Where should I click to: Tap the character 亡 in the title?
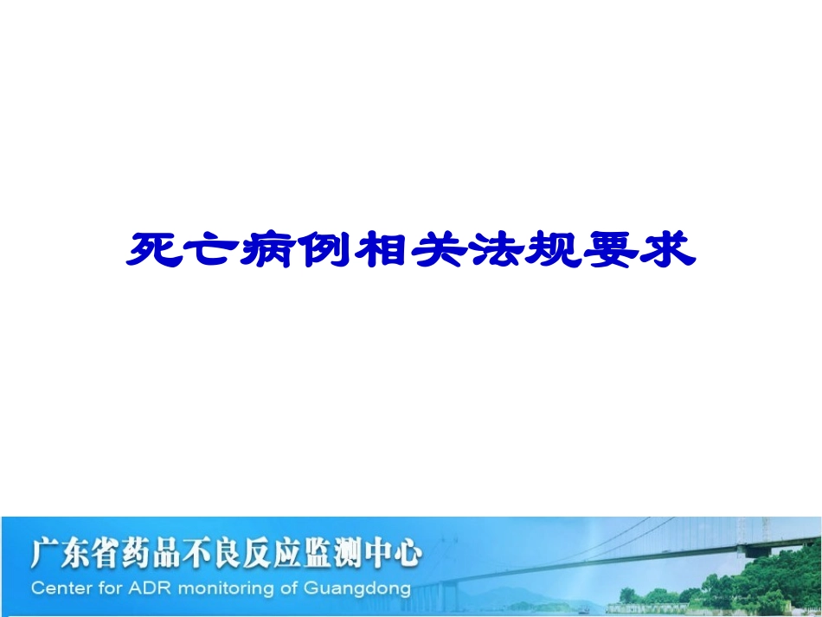pyautogui.click(x=213, y=250)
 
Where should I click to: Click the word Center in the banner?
pyautogui.click(x=59, y=589)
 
